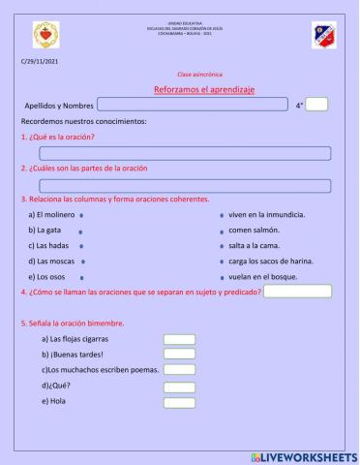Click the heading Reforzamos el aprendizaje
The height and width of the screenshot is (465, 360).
(x=203, y=89)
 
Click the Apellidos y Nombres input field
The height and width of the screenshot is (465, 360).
(x=192, y=105)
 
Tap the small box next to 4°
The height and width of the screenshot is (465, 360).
(x=317, y=105)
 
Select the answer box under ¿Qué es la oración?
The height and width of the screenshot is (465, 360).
(x=185, y=153)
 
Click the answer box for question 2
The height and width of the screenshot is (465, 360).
(x=185, y=185)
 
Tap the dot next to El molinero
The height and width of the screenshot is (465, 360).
(x=83, y=214)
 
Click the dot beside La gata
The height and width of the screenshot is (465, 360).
(x=80, y=231)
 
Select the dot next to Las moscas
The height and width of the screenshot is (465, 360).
(x=84, y=262)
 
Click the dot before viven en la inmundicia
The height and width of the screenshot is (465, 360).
(x=222, y=214)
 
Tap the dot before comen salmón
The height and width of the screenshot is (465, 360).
(x=222, y=231)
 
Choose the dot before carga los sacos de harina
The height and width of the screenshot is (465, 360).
(x=222, y=262)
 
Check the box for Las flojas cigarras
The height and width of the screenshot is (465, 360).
(x=179, y=339)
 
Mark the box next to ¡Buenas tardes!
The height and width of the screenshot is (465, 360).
(x=179, y=355)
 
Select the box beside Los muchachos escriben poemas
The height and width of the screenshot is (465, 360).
(x=179, y=370)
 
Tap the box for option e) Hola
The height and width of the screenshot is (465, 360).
(x=179, y=402)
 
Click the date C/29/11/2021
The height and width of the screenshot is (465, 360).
(x=40, y=62)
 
